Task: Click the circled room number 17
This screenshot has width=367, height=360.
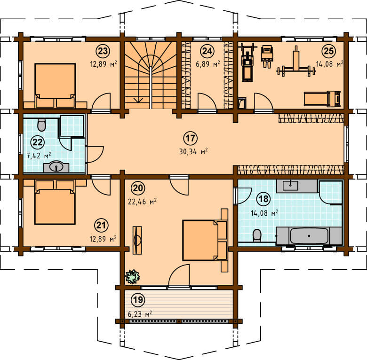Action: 190,138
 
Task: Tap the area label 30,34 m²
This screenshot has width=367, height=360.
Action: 193,151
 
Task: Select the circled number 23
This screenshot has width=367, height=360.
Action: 103,51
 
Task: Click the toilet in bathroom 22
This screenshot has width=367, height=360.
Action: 42,125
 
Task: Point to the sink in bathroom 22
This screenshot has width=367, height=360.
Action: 56,167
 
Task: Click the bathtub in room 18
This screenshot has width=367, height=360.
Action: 309,236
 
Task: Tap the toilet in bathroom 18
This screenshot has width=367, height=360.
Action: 257,235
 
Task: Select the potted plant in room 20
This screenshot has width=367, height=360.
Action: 133,276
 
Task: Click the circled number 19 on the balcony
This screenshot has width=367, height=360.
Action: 137,300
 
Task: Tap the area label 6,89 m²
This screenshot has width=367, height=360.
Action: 208,64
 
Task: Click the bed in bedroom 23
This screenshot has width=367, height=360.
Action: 55,86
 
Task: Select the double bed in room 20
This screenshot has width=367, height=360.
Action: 205,240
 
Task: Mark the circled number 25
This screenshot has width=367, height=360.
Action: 328,51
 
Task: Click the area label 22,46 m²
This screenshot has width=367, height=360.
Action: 142,202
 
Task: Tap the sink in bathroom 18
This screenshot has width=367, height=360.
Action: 290,186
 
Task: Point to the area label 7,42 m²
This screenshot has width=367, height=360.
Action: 39,156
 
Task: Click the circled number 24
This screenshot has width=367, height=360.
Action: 207,51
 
